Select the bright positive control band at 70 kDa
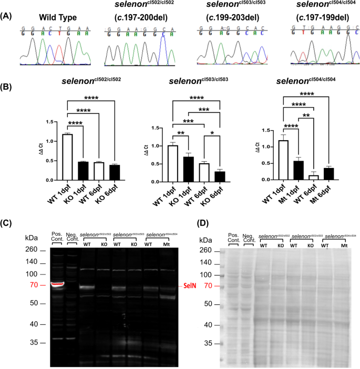[x=56, y=285]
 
